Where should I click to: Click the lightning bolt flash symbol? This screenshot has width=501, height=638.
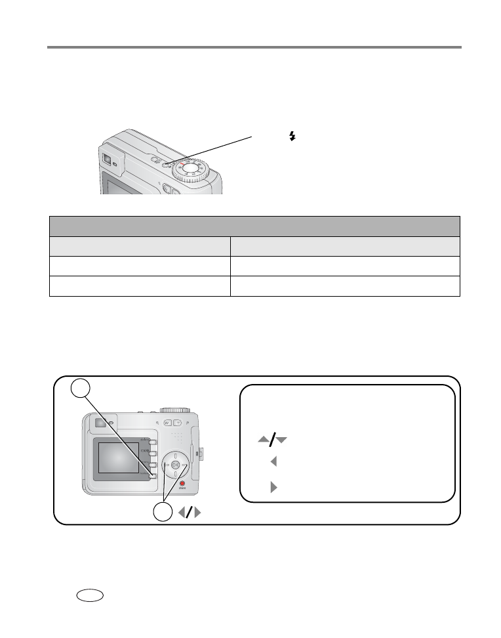292,137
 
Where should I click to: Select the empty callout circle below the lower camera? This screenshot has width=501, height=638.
162,513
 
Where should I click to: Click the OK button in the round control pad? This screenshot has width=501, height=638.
174,465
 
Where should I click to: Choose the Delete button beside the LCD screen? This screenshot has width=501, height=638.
153,440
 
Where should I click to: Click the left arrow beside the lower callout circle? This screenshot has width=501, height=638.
182,513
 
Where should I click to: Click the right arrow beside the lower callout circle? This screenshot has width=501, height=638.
197,513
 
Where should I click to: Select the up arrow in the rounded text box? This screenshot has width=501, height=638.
264,438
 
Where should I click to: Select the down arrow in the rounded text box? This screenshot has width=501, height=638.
282,438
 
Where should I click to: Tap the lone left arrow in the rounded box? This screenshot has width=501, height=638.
273,462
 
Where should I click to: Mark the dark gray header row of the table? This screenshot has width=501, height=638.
254,226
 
